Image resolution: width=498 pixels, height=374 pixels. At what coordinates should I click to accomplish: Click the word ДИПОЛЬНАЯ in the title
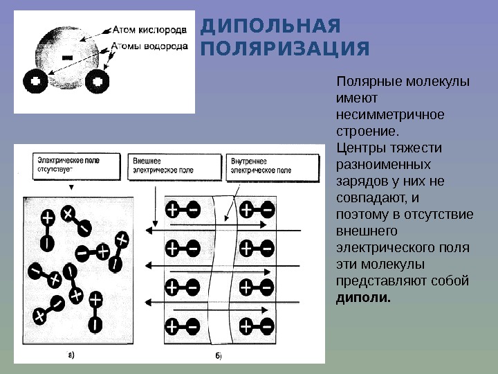tap(270, 27)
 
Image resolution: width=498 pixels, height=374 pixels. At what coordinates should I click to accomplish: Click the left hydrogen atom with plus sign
tap(36, 82)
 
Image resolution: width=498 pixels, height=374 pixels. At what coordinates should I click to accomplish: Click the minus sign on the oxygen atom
tap(68, 56)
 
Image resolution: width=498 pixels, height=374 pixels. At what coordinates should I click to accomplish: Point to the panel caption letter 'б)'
tap(216, 356)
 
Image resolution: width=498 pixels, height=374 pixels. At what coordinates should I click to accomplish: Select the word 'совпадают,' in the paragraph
tap(367, 198)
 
